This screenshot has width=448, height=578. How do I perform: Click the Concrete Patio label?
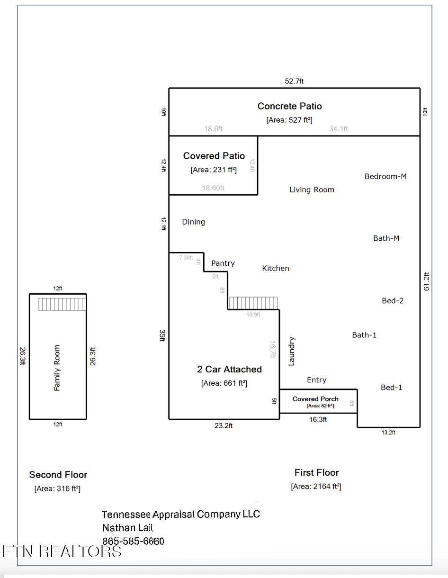point(289,106)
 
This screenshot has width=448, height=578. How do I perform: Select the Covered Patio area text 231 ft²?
point(213,170)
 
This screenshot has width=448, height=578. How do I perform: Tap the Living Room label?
point(312,190)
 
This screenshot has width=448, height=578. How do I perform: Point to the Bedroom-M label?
point(385,176)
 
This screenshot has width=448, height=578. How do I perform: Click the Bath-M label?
point(386,238)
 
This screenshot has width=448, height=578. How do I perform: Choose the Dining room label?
point(193,222)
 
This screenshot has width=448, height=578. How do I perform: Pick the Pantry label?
point(223,263)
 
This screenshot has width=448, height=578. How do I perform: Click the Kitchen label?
point(276,268)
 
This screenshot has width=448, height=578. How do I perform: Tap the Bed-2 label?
point(393,300)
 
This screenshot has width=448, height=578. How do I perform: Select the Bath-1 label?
point(364,335)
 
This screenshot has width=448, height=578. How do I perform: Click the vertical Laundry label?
point(292,351)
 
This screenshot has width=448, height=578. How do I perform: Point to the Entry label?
point(316,380)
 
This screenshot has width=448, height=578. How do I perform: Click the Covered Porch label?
point(315,399)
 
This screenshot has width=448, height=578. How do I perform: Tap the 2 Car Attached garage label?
point(229,369)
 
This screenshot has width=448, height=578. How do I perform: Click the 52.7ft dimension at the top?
point(294,81)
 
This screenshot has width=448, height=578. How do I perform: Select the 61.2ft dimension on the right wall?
point(427,281)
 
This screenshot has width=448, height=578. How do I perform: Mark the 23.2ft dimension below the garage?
point(224,426)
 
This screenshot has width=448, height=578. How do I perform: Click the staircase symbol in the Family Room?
point(62,304)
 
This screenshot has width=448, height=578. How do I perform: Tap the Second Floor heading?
point(58,475)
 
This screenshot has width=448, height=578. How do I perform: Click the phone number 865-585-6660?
point(133,541)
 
